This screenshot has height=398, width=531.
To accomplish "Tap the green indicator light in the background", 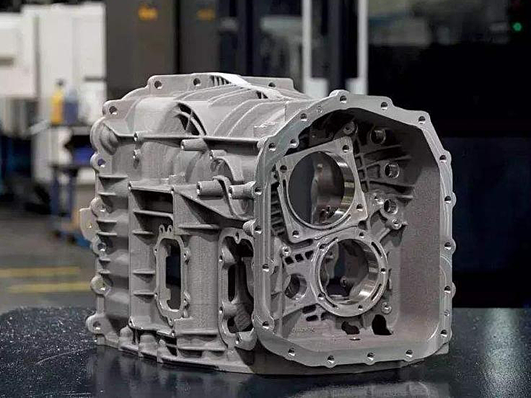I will point(516,27).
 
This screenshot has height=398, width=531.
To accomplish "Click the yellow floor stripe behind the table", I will point(40,272).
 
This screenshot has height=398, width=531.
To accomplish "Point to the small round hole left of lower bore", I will point(294,286).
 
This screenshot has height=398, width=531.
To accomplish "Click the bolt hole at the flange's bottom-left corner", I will point(265,325).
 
